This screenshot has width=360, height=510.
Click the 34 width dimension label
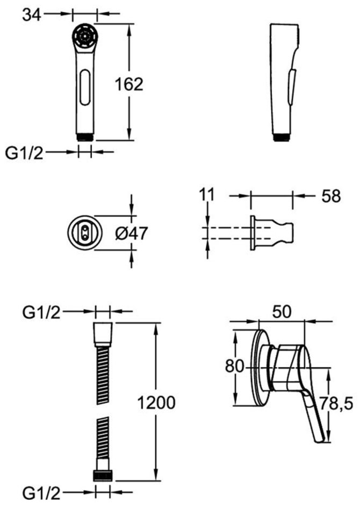click(31, 14)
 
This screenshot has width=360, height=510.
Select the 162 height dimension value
click(129, 84)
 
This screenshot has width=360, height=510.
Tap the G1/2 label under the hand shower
click(24, 152)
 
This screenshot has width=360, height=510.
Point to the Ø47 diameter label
click(131, 233)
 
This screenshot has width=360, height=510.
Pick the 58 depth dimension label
click(331, 196)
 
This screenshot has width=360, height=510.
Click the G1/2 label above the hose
click(42, 312)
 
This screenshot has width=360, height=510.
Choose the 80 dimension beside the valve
click(234, 367)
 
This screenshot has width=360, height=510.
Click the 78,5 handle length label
click(336, 404)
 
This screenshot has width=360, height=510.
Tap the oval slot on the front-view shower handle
click(85, 87)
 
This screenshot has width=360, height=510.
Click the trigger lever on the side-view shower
click(292, 86)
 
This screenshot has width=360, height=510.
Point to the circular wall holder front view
click(85, 233)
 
